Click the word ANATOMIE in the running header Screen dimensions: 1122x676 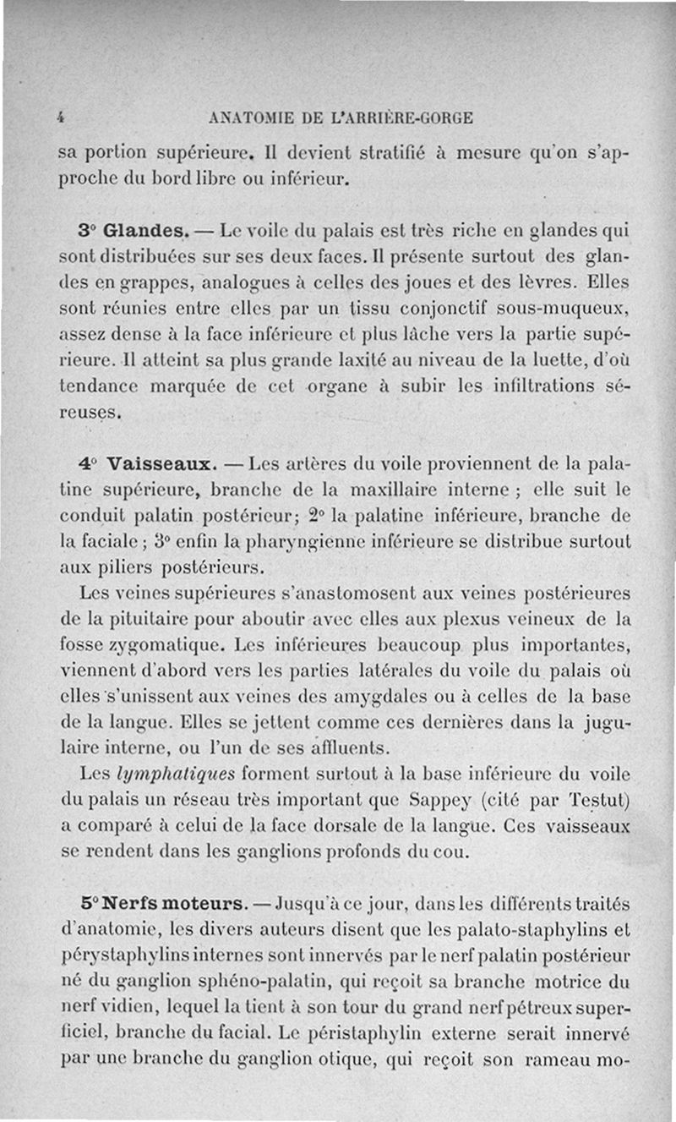tap(250, 118)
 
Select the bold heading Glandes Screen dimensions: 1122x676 tap(144, 230)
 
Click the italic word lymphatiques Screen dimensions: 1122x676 tap(177, 774)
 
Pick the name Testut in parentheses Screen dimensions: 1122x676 tap(601, 799)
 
